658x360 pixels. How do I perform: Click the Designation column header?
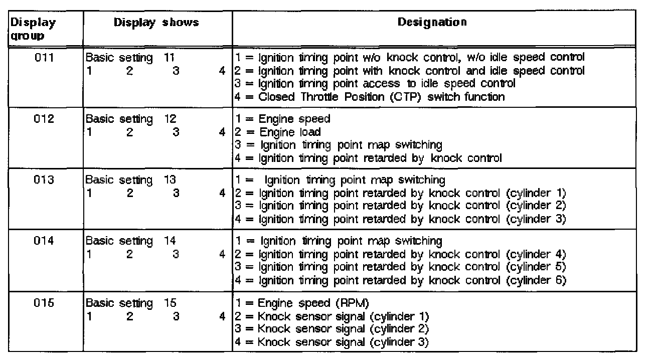click(x=432, y=23)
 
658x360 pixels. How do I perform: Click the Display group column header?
click(x=33, y=29)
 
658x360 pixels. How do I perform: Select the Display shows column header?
click(x=156, y=23)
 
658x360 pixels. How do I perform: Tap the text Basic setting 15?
click(x=131, y=303)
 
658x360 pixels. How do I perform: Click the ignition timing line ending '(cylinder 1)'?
click(x=400, y=193)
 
